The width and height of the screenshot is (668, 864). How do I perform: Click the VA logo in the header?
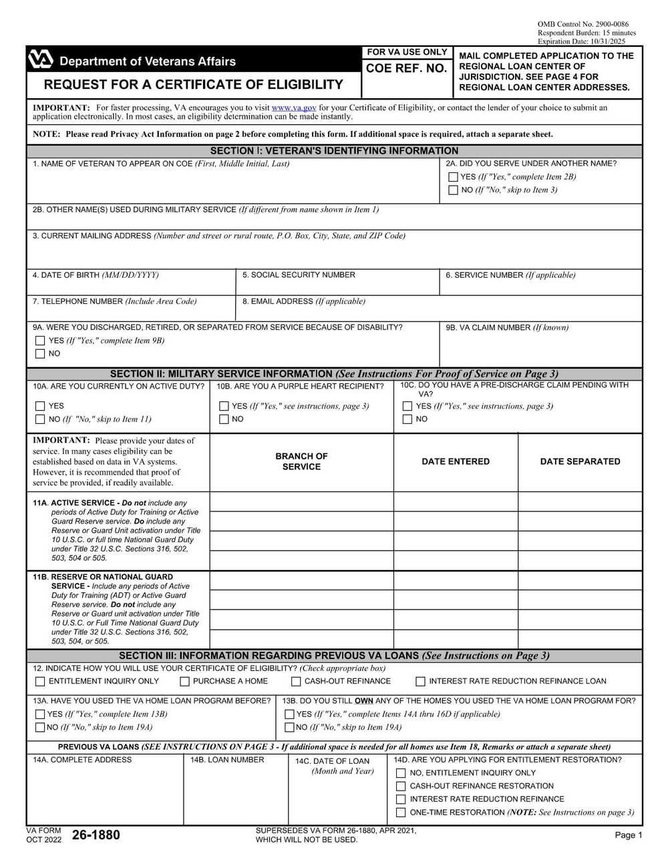pyautogui.click(x=40, y=60)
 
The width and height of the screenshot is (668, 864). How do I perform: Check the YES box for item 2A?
pyautogui.click(x=454, y=177)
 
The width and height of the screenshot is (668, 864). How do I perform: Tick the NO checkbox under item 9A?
pyautogui.click(x=40, y=354)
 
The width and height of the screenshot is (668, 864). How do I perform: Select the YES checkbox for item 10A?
pyautogui.click(x=40, y=406)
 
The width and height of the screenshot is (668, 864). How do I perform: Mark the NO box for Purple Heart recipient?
pyautogui.click(x=224, y=419)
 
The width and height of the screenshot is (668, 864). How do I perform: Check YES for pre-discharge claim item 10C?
pyautogui.click(x=407, y=406)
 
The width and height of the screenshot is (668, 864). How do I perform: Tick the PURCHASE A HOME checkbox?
pyautogui.click(x=184, y=682)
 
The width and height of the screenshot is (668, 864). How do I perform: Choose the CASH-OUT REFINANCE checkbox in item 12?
pyautogui.click(x=296, y=682)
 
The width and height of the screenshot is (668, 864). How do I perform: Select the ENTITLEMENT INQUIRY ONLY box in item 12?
pyautogui.click(x=40, y=682)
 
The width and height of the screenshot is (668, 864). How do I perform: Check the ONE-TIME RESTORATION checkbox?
pyautogui.click(x=401, y=813)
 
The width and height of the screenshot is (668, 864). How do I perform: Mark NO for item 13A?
pyautogui.click(x=40, y=728)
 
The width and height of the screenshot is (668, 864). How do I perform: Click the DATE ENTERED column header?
pyautogui.click(x=456, y=461)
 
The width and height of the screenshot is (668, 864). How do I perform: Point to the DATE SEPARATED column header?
pyautogui.click(x=580, y=461)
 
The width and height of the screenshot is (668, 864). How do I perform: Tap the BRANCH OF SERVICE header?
pyautogui.click(x=301, y=461)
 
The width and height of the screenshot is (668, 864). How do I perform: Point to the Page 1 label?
pyautogui.click(x=629, y=835)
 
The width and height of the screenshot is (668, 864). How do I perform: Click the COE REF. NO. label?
pyautogui.click(x=406, y=69)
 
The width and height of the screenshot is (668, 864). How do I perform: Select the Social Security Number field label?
pyautogui.click(x=299, y=275)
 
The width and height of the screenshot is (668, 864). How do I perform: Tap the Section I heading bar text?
pyautogui.click(x=334, y=151)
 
